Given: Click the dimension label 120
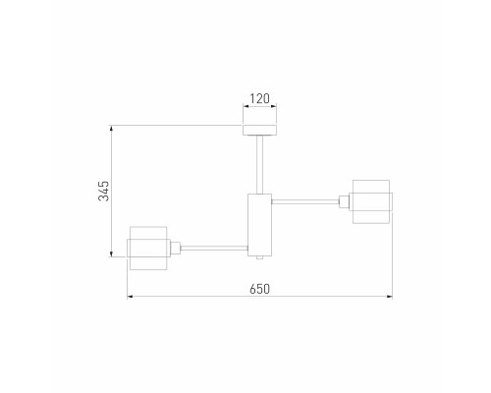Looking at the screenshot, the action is point(260,98).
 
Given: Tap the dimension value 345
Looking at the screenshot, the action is point(104,191).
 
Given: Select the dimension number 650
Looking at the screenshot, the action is point(260,289).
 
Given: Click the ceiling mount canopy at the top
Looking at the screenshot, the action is point(260,130).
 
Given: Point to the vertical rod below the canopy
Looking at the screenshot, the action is point(260,164).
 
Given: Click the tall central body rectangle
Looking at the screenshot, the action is point(260,225).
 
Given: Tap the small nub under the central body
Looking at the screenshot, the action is point(260,257).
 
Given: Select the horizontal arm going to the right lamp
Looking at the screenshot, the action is point(305,201).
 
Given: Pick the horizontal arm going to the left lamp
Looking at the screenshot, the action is point(214,249).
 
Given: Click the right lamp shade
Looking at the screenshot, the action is point(371,201).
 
